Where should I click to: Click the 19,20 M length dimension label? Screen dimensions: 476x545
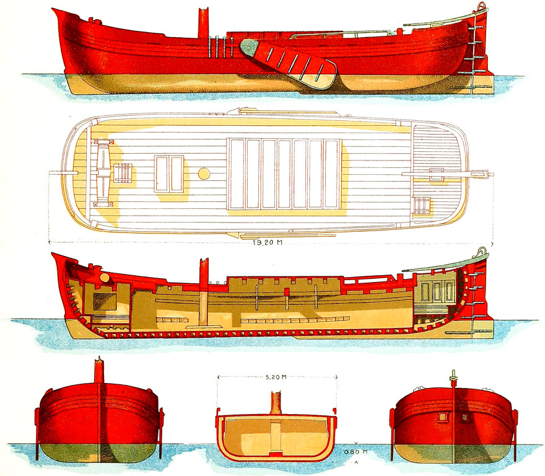click(268, 242)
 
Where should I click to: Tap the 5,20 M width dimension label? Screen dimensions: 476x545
click(276, 376)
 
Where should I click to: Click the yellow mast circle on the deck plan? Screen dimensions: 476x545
click(204, 174)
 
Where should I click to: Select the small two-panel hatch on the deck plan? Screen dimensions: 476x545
click(169, 174)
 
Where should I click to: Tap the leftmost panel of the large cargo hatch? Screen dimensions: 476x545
click(237, 174)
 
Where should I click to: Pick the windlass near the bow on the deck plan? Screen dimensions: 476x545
click(121, 173)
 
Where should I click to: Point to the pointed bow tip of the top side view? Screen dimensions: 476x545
click(56, 11)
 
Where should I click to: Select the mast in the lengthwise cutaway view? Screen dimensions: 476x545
click(203, 291)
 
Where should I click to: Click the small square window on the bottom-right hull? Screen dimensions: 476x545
click(443, 417)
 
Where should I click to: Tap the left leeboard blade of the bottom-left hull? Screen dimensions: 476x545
click(37, 434)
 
